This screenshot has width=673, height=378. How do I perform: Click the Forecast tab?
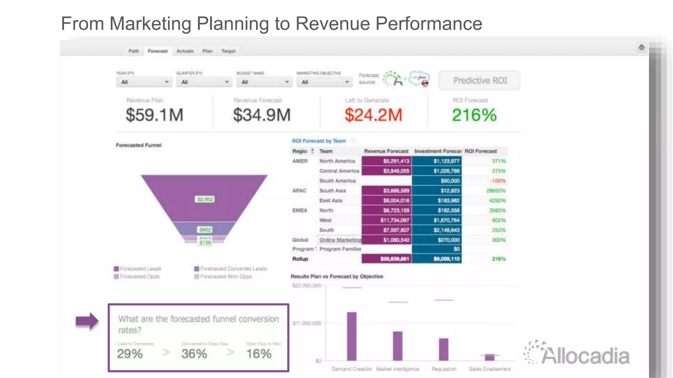click(157, 51)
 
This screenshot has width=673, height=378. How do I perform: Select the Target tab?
click(228, 51)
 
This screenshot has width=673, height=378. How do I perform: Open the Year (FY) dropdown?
click(144, 82)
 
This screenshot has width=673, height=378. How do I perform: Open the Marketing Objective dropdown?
click(324, 82)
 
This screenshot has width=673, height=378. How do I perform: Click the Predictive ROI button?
click(479, 81)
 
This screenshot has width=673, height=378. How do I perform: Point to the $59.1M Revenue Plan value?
click(154, 115)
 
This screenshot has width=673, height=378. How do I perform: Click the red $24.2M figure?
click(373, 115)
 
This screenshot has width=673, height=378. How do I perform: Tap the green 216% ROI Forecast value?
click(474, 115)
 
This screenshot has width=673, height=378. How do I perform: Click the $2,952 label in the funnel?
click(205, 199)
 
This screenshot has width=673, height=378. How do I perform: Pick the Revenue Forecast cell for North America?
click(387, 161)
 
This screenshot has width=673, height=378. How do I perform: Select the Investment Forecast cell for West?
click(437, 220)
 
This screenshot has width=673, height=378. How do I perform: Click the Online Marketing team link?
click(340, 240)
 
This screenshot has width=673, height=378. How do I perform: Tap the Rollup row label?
click(300, 259)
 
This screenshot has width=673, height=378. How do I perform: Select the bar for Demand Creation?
click(352, 336)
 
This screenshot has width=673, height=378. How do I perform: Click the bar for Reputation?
click(444, 349)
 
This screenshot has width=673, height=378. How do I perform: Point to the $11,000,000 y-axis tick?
click(307, 323)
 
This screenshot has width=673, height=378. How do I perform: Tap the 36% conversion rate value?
click(194, 354)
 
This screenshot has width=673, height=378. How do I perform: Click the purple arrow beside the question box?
click(87, 321)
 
